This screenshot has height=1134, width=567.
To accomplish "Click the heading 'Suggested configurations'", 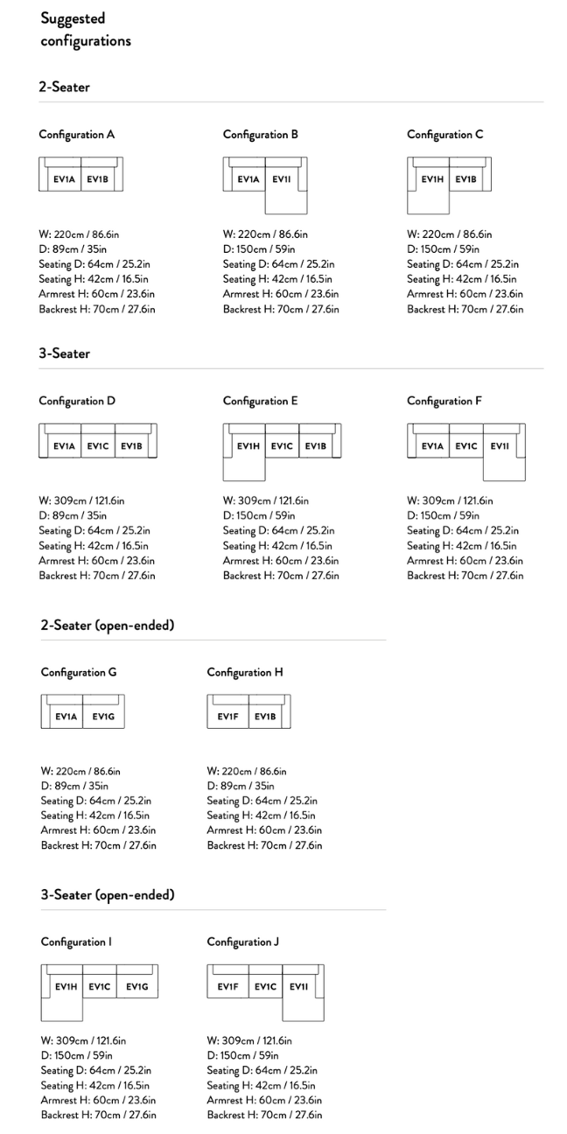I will coord(85,29).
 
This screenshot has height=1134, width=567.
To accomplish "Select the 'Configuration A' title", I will coord(76,135).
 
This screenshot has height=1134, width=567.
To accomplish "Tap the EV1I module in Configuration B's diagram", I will coord(282,179).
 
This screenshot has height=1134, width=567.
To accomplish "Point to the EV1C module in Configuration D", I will coord(97,445).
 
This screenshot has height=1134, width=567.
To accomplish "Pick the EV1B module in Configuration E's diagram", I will coord(316,445).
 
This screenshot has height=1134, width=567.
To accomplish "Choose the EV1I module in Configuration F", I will coord(500,445).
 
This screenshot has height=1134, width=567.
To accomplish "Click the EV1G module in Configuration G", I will coord(103,717).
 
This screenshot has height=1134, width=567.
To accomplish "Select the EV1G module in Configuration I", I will coord(136,986).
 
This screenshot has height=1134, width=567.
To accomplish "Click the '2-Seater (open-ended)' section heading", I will coord(108,625).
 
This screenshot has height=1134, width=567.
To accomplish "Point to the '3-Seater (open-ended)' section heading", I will coord(108,894).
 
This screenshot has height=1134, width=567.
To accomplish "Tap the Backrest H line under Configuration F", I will coord(465,575).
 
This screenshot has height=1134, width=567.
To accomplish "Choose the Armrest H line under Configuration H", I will coord(264,830).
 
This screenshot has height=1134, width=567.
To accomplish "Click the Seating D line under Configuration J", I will coord(262,1070).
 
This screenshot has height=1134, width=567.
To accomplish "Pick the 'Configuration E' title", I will coord(260,401).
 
